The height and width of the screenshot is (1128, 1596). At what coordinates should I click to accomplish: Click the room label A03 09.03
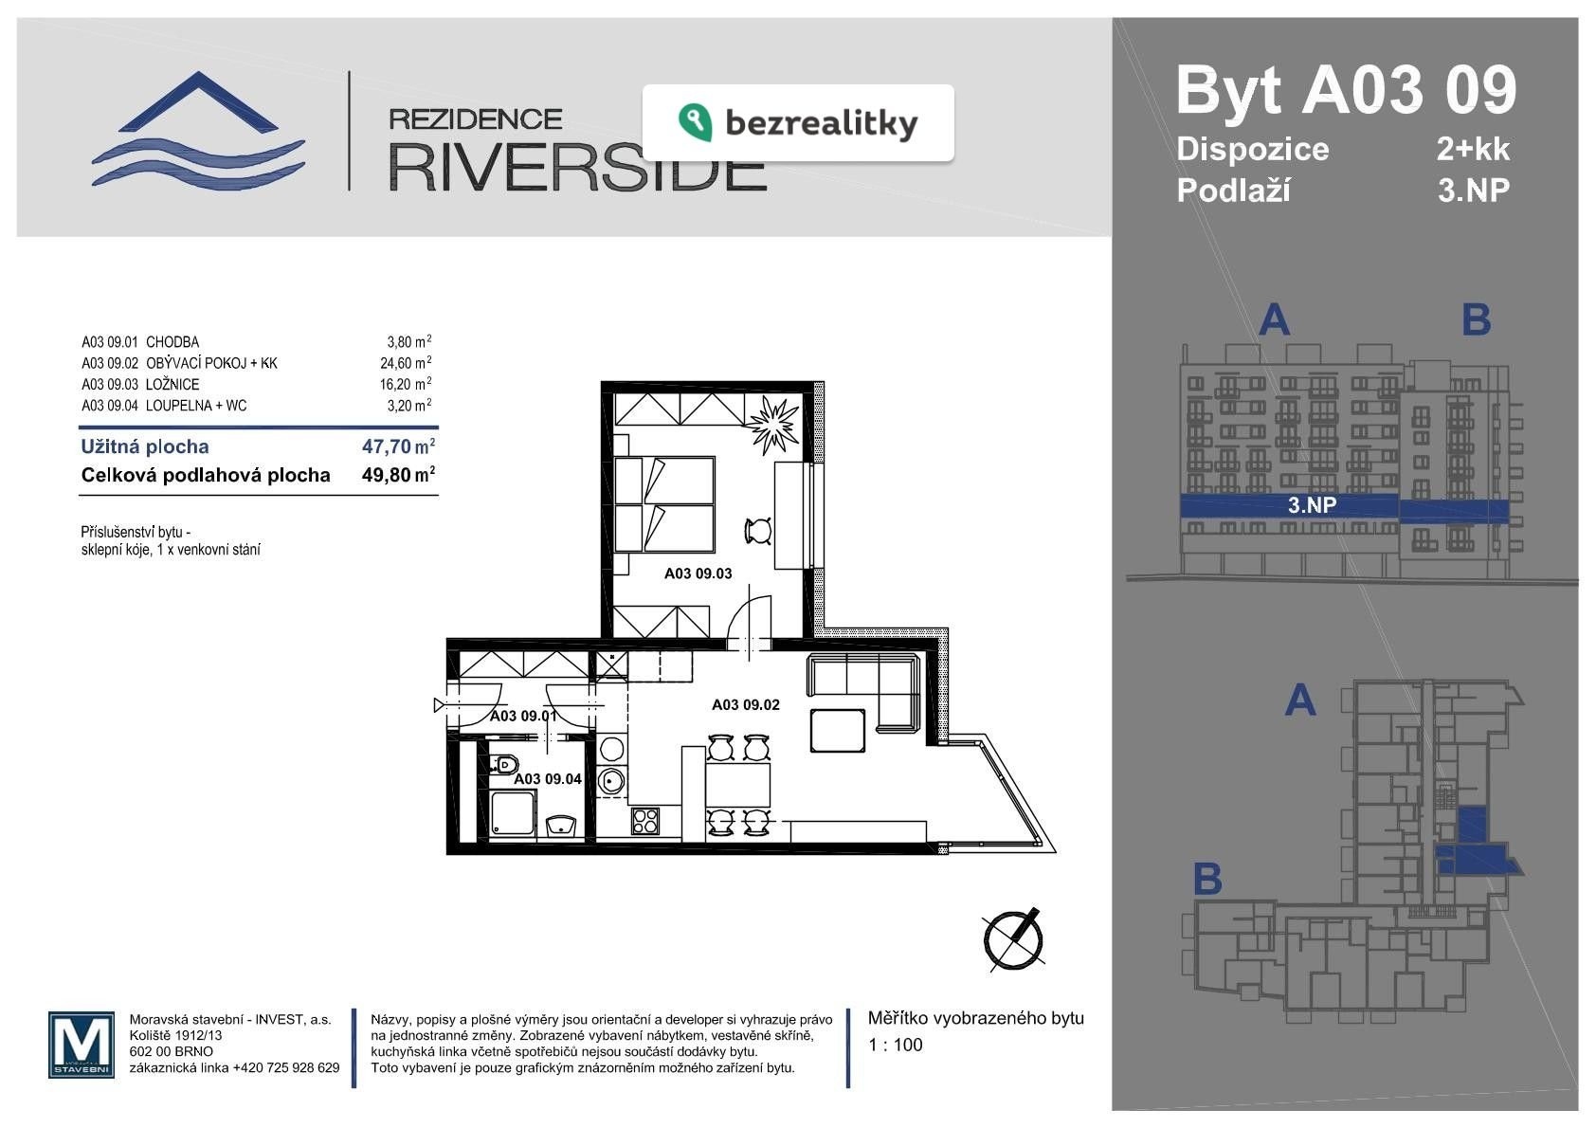pyautogui.click(x=698, y=573)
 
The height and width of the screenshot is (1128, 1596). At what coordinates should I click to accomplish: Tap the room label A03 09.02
pyautogui.click(x=745, y=704)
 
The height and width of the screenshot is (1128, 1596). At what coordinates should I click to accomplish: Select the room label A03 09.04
pyautogui.click(x=548, y=779)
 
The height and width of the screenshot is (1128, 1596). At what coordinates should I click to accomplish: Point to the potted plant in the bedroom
pyautogui.click(x=772, y=425)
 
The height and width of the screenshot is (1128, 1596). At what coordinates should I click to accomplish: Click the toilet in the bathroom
pyautogui.click(x=504, y=766)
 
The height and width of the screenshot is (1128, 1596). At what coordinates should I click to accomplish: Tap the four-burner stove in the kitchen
pyautogui.click(x=645, y=820)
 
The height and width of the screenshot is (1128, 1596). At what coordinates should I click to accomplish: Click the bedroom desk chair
pyautogui.click(x=758, y=531)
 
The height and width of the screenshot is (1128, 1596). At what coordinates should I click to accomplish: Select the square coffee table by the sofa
pyautogui.click(x=837, y=731)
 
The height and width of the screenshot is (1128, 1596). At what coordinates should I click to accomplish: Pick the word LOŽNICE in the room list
pyautogui.click(x=172, y=385)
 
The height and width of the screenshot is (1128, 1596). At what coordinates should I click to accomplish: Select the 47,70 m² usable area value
pyautogui.click(x=398, y=446)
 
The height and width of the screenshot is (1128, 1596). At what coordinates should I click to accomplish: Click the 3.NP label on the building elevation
pyautogui.click(x=1312, y=505)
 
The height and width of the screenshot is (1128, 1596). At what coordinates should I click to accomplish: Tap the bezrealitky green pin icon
pyautogui.click(x=695, y=122)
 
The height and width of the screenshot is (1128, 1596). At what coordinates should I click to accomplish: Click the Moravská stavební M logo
pyautogui.click(x=82, y=1045)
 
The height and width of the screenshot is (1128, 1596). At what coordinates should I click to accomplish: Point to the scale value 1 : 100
pyautogui.click(x=896, y=1045)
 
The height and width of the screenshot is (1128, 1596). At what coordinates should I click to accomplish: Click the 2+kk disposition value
pyautogui.click(x=1473, y=149)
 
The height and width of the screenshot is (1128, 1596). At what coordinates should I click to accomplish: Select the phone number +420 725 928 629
pyautogui.click(x=286, y=1067)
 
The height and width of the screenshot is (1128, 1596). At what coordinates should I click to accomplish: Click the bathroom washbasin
pyautogui.click(x=561, y=826)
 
